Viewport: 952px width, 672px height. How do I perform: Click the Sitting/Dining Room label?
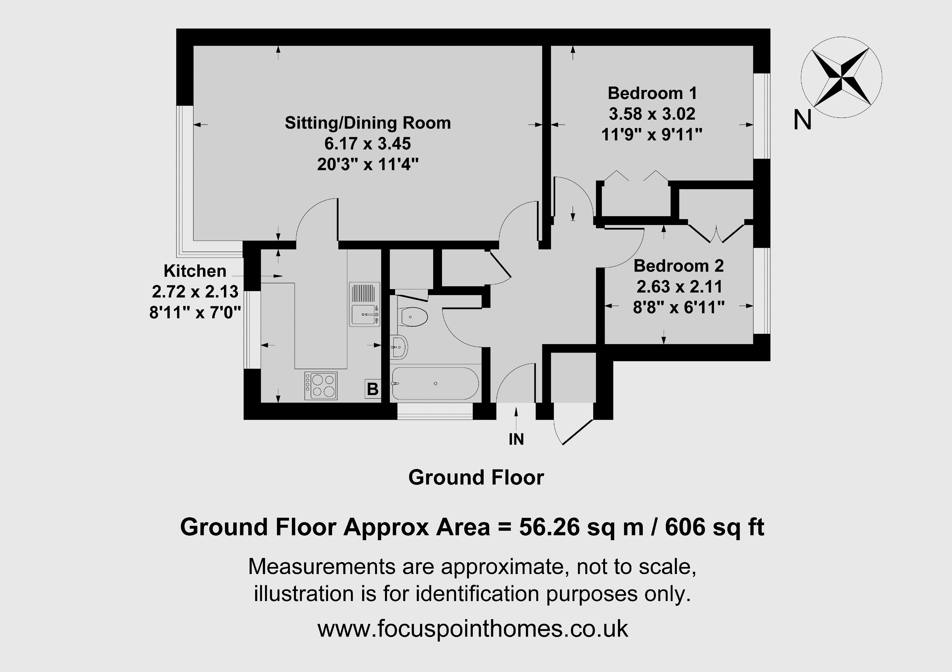[368, 123]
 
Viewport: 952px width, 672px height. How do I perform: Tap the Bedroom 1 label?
[652, 93]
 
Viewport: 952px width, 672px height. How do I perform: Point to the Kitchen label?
[195, 271]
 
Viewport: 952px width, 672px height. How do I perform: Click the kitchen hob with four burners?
[320, 385]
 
